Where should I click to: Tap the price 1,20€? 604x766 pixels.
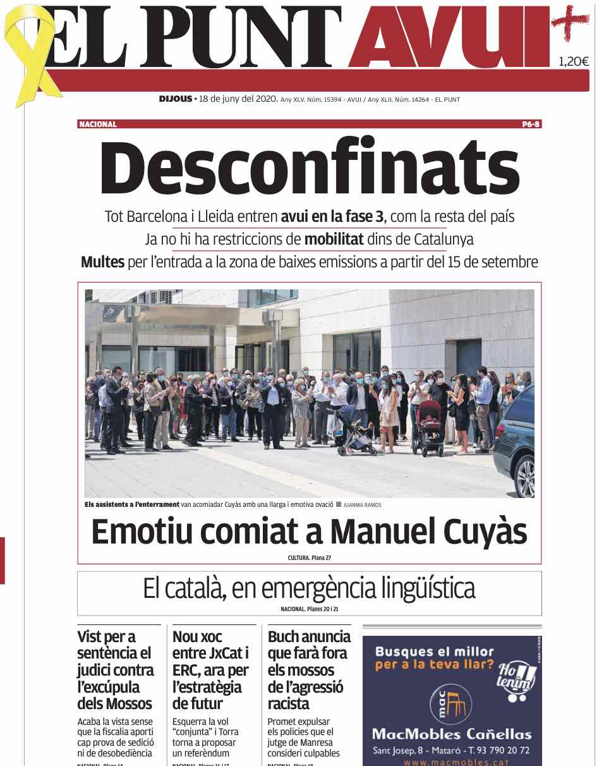pyautogui.click(x=573, y=61)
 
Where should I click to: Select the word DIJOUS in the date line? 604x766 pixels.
pyautogui.click(x=175, y=99)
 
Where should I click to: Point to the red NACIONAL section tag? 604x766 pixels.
pyautogui.click(x=98, y=125)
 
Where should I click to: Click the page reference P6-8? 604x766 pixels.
pyautogui.click(x=531, y=125)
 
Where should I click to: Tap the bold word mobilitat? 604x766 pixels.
pyautogui.click(x=336, y=240)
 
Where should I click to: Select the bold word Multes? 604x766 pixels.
pyautogui.click(x=102, y=262)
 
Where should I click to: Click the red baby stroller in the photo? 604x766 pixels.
pyautogui.click(x=430, y=427)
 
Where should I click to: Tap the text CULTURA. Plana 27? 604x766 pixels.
pyautogui.click(x=309, y=557)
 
